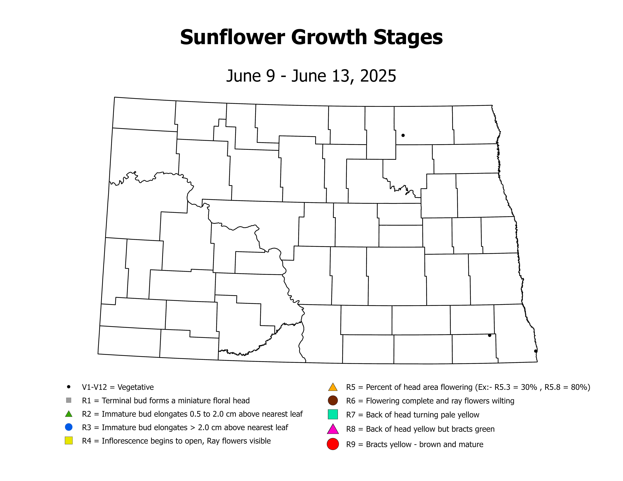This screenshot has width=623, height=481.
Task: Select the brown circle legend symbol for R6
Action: [333, 400]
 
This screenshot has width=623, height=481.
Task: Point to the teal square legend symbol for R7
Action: [333, 414]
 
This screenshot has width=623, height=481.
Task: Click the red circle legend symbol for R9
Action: [333, 444]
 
